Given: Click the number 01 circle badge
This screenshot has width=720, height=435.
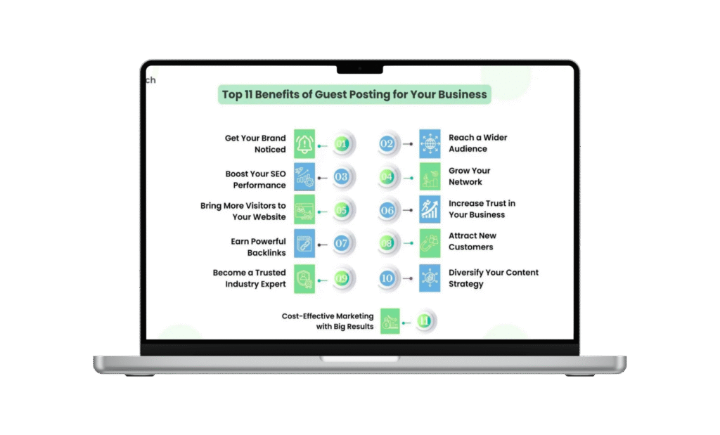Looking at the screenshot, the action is click(341, 144).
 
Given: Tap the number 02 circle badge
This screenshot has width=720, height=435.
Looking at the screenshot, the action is click(387, 144).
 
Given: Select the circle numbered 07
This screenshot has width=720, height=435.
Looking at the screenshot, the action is click(341, 243).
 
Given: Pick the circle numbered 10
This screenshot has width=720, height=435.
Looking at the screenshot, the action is click(387, 278).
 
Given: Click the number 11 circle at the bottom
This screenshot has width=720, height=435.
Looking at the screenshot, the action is click(424, 320).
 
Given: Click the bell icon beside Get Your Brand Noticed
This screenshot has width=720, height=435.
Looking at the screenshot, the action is click(304, 144).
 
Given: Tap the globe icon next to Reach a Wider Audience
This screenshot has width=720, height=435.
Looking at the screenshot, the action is click(430, 143).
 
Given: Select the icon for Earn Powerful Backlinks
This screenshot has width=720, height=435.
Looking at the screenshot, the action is click(304, 243).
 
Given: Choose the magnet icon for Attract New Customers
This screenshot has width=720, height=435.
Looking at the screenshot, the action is click(430, 243).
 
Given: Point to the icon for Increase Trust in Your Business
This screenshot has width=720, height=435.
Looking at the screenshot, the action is click(430, 209).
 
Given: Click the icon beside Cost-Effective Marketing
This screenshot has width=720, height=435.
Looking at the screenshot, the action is click(390, 320).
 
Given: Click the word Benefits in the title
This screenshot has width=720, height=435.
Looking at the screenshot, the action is click(277, 95).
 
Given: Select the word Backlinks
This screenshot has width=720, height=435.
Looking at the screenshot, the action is click(266, 253).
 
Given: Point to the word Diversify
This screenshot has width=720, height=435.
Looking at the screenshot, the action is click(466, 273).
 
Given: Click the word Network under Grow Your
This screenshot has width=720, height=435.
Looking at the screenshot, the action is click(465, 182).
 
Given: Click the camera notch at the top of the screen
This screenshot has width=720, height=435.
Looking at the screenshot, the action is click(360, 70).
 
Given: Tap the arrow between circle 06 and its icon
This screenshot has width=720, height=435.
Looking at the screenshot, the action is click(408, 210).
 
